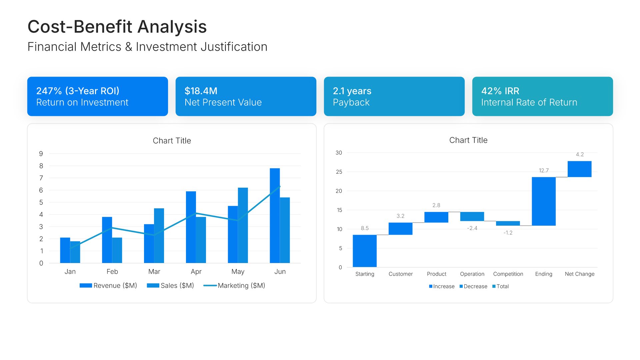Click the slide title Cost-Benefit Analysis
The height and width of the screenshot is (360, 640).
117,27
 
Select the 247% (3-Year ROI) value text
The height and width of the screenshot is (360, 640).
78,91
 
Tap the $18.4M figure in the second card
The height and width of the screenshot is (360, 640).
201,91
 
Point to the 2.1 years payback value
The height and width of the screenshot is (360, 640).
352,91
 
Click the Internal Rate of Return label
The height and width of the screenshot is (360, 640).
529,102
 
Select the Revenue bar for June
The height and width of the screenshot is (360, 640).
275,216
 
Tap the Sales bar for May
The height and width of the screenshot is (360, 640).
243,225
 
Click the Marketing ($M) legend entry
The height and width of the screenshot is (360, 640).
234,286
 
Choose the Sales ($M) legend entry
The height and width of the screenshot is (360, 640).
171,286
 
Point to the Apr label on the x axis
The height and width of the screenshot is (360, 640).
196,272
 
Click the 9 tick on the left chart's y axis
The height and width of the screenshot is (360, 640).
41,154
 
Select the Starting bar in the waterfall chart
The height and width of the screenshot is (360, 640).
365,251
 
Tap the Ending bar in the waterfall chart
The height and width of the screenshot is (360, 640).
544,201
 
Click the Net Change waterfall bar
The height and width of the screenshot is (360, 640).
579,169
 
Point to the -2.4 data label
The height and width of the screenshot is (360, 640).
472,228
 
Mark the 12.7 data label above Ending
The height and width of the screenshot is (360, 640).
544,171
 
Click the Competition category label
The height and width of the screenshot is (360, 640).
508,274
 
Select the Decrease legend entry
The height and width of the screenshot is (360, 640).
473,286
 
